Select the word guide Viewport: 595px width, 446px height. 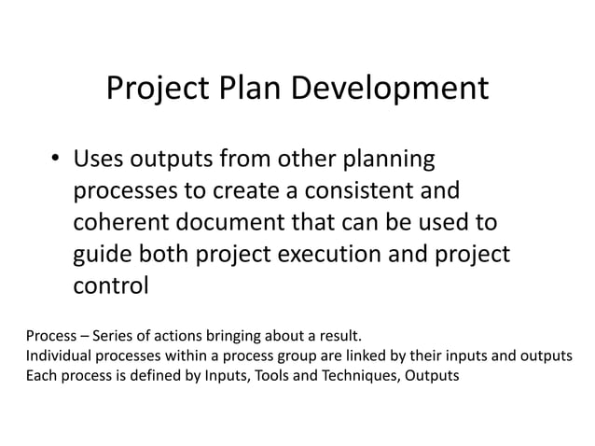click(102, 256)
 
